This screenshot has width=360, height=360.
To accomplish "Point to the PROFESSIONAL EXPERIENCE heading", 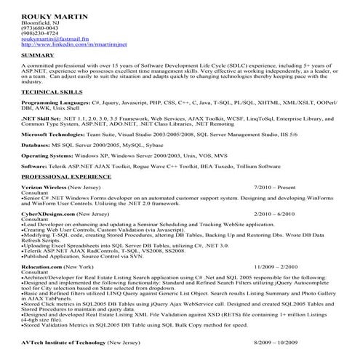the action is tap(65, 177).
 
